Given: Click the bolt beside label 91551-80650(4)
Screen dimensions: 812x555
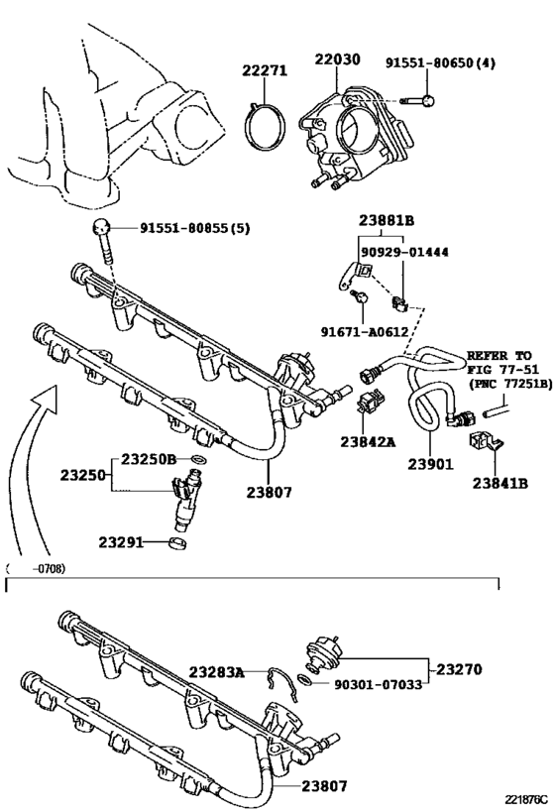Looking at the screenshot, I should point(415,99).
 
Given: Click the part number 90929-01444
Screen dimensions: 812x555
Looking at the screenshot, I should point(403,252).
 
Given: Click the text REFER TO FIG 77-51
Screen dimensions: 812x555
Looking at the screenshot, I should point(499,362).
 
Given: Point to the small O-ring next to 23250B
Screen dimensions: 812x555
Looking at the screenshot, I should point(197,461).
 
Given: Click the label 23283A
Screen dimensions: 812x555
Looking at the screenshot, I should point(216,672).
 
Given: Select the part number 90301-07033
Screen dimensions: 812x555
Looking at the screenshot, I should point(378,683).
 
